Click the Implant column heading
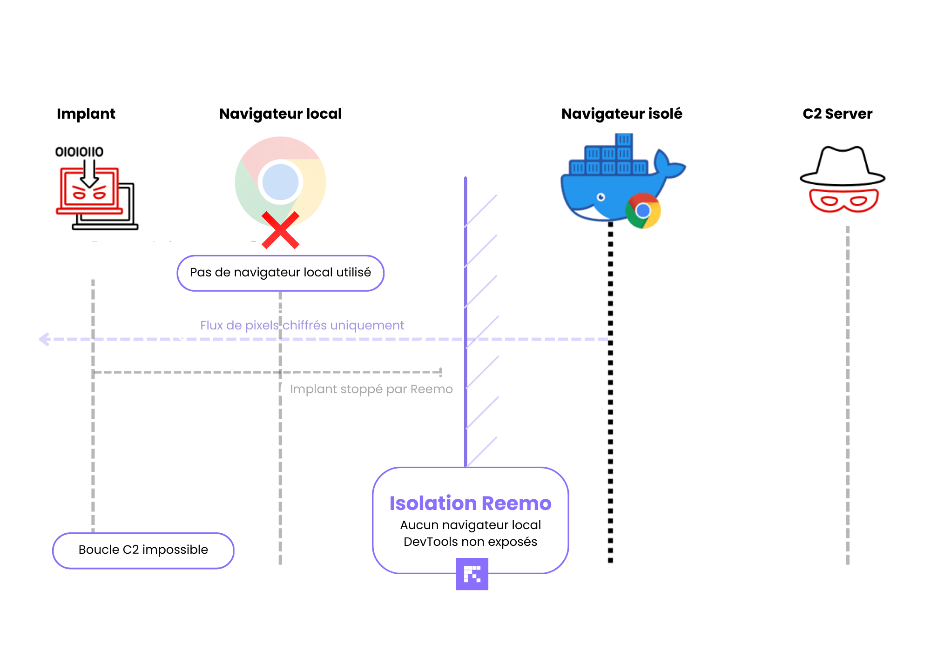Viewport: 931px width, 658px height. (86, 114)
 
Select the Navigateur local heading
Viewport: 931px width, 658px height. (280, 114)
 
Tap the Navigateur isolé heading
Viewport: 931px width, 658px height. (621, 114)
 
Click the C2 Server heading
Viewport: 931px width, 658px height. (837, 114)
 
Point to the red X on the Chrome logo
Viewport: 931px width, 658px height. (280, 230)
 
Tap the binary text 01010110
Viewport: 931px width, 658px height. (79, 152)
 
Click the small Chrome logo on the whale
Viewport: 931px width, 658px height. (643, 211)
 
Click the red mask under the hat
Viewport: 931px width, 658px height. (843, 201)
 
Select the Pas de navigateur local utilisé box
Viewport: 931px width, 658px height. (280, 273)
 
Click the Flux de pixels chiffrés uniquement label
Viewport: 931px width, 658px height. (302, 325)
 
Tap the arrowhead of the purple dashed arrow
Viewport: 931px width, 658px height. (44, 339)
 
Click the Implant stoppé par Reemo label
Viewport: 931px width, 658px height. (371, 389)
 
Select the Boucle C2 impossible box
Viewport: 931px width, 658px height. (143, 550)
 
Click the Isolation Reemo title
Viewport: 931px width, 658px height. (470, 503)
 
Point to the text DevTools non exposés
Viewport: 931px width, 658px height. (470, 542)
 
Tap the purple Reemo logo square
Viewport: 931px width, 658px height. (472, 574)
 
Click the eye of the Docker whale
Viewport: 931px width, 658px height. (601, 197)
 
